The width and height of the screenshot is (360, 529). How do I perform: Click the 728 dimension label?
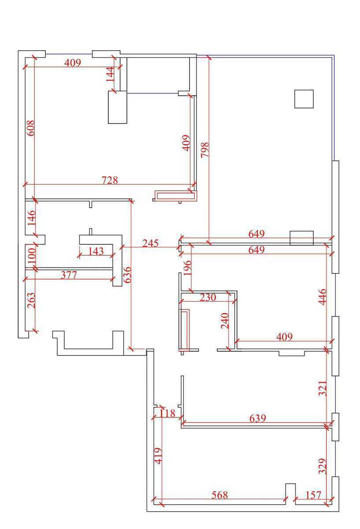tap(110, 180)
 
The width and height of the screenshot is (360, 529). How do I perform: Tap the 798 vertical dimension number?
tap(204, 149)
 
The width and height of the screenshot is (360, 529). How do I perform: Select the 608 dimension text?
tap(31, 128)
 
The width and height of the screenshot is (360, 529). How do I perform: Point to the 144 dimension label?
tap(110, 75)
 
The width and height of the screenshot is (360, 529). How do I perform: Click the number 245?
tap(150, 243)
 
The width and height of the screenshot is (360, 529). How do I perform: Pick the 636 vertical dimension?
tap(127, 274)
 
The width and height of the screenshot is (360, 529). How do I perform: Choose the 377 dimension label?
tap(69, 275)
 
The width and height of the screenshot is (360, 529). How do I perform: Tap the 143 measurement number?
tap(96, 251)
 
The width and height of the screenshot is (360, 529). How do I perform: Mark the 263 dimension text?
tap(31, 300)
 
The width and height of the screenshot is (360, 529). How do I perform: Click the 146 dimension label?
tap(31, 218)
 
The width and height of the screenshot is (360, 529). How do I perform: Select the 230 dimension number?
tap(208, 297)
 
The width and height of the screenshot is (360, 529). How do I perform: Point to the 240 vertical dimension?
tap(225, 321)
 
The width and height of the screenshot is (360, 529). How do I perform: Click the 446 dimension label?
tap(323, 297)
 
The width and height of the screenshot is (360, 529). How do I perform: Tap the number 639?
tap(257, 418)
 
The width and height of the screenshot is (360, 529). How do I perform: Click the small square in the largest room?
tap(304, 99)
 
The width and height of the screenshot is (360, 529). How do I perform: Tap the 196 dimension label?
tap(187, 268)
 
